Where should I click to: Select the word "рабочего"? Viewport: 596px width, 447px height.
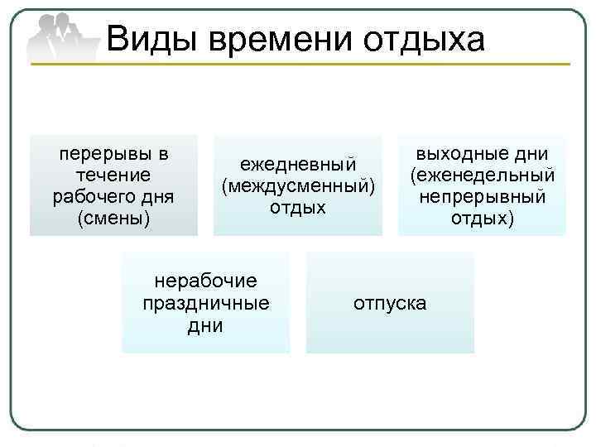pyautogui.click(x=89, y=197)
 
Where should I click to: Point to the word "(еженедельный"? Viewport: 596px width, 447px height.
pyautogui.click(x=482, y=175)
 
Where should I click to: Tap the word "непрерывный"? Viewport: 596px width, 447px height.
pyautogui.click(x=482, y=197)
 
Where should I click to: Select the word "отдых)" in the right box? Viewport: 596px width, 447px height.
pyautogui.click(x=482, y=219)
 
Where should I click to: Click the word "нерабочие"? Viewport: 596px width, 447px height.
pyautogui.click(x=206, y=281)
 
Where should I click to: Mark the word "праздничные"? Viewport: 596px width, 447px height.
pyautogui.click(x=206, y=303)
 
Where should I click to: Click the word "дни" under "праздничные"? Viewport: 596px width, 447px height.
pyautogui.click(x=206, y=325)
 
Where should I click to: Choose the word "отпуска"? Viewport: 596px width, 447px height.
pyautogui.click(x=390, y=303)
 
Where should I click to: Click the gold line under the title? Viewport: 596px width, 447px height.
pyautogui.click(x=331, y=64)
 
